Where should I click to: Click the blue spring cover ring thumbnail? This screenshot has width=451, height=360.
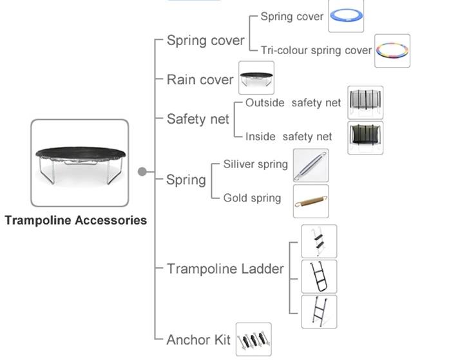pos(346,15)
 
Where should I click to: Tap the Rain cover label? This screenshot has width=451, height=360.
pos(200,80)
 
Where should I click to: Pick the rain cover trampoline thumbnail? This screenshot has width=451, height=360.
pos(256,78)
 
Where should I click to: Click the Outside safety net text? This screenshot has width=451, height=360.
pos(293,102)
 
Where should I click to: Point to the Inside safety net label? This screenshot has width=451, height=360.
pos(289,137)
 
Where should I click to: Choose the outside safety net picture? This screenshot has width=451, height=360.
pos(365,102)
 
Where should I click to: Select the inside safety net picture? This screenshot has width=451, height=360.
pos(365,138)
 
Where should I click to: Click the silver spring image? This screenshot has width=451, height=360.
pos(311,166)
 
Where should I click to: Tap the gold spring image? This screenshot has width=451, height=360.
pos(311,202)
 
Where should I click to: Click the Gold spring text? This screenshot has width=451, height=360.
pos(252,198)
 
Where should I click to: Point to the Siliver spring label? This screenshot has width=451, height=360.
pos(255,164)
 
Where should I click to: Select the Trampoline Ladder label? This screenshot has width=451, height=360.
pos(225,269)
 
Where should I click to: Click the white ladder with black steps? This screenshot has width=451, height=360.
pos(319,242)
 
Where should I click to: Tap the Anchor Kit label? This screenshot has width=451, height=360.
pos(198,340)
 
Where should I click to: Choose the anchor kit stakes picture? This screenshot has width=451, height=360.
pos(254,339)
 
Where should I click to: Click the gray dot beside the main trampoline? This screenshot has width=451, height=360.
pos(142,172)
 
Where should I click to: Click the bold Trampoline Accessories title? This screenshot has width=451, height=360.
pos(76,220)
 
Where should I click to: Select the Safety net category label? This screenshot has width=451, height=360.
pos(198,119)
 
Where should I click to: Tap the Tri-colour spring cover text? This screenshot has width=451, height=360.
pos(316,50)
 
